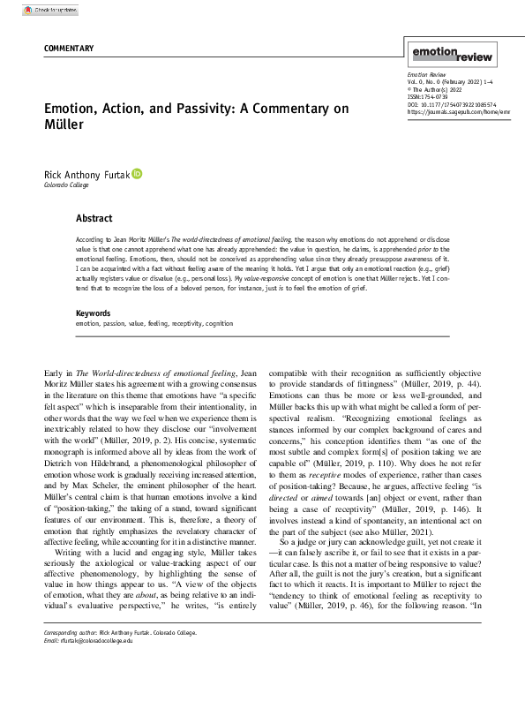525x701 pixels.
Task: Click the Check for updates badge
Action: point(54,10)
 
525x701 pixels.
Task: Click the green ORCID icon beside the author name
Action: point(137,175)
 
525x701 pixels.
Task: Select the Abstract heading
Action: point(94,217)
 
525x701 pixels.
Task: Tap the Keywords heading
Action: point(94,313)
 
